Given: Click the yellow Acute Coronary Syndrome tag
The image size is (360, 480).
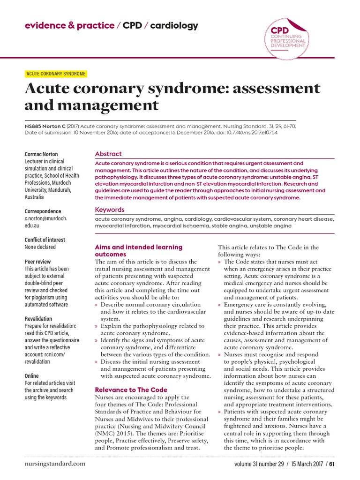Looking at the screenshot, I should tap(55, 74).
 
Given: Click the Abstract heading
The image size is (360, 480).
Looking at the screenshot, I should tap(108, 154).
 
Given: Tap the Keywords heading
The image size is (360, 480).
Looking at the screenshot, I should tap(110, 210).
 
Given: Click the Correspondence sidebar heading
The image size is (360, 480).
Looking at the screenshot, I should tap(43, 211).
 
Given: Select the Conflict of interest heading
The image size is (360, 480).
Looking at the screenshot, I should tap(45, 240).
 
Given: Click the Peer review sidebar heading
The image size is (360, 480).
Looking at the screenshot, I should tap(37, 262).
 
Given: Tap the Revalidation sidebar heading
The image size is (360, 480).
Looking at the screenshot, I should tap(38, 319).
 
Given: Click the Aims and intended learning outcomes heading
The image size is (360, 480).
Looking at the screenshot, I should tap(138, 250).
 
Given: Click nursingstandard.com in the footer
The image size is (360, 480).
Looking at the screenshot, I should tap(55, 464).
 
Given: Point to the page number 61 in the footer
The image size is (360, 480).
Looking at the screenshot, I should tap(332, 464).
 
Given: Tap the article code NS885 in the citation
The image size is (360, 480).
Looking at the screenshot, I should tap(33, 126).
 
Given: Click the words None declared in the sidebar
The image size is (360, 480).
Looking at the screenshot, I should tap(40, 247).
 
